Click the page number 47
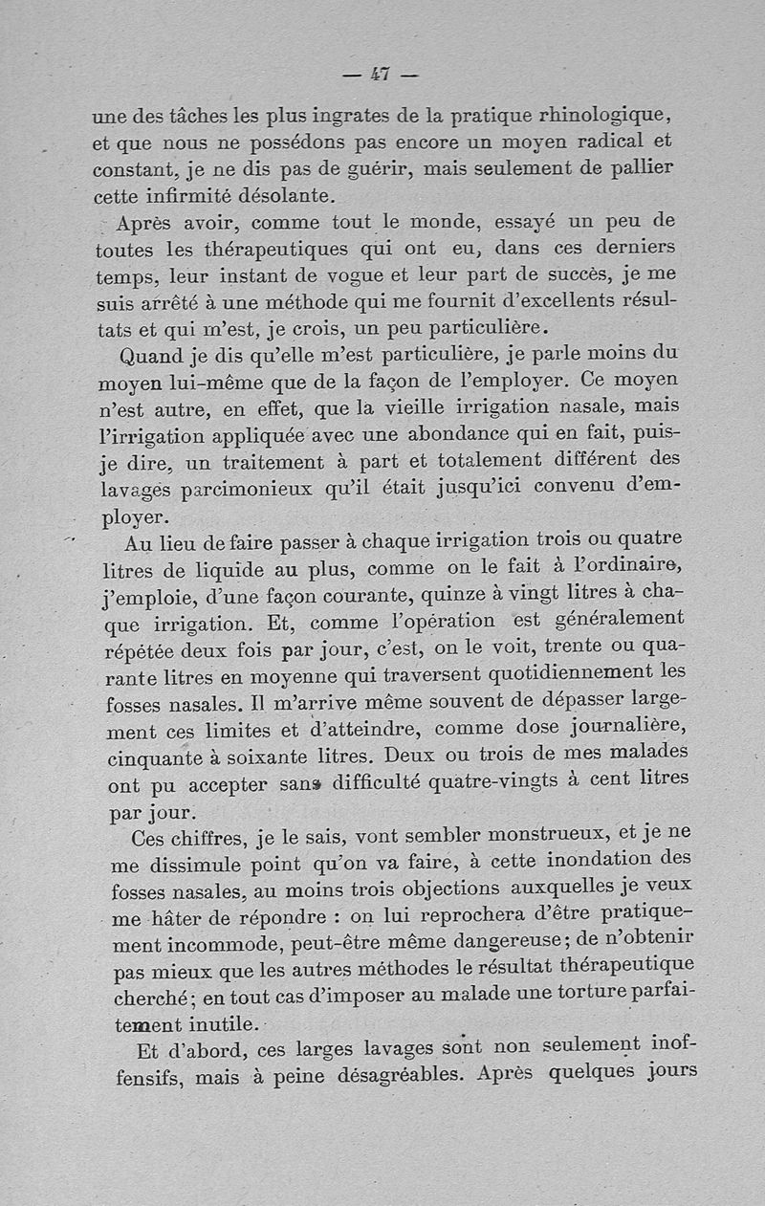[x=381, y=74]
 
